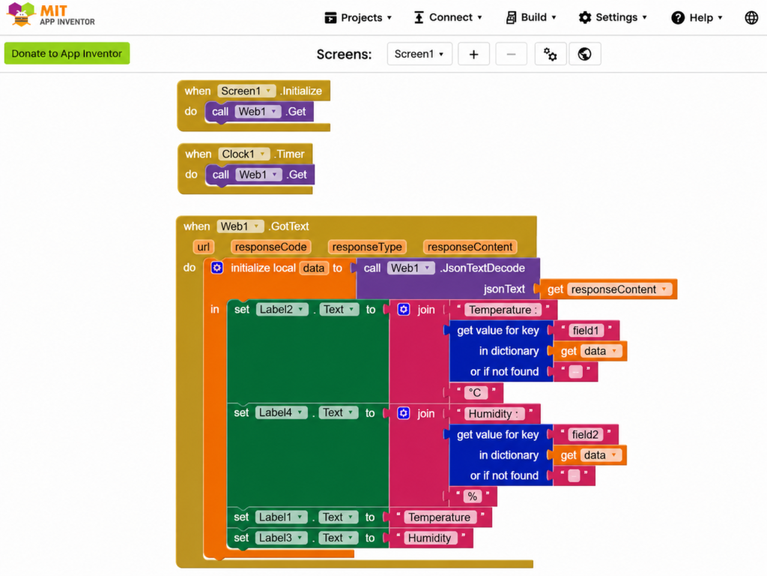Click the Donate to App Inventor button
click(67, 53)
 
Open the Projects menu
click(359, 18)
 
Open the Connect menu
click(448, 18)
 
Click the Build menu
click(531, 18)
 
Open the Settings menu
click(613, 18)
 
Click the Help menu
click(697, 18)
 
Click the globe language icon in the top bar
click(751, 18)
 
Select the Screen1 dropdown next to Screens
click(419, 54)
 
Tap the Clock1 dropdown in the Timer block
click(243, 154)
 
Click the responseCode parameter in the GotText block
click(270, 247)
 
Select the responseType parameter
click(367, 247)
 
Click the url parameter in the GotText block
click(204, 247)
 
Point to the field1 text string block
click(586, 331)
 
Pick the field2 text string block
click(585, 434)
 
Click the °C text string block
click(475, 393)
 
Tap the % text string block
click(473, 496)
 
